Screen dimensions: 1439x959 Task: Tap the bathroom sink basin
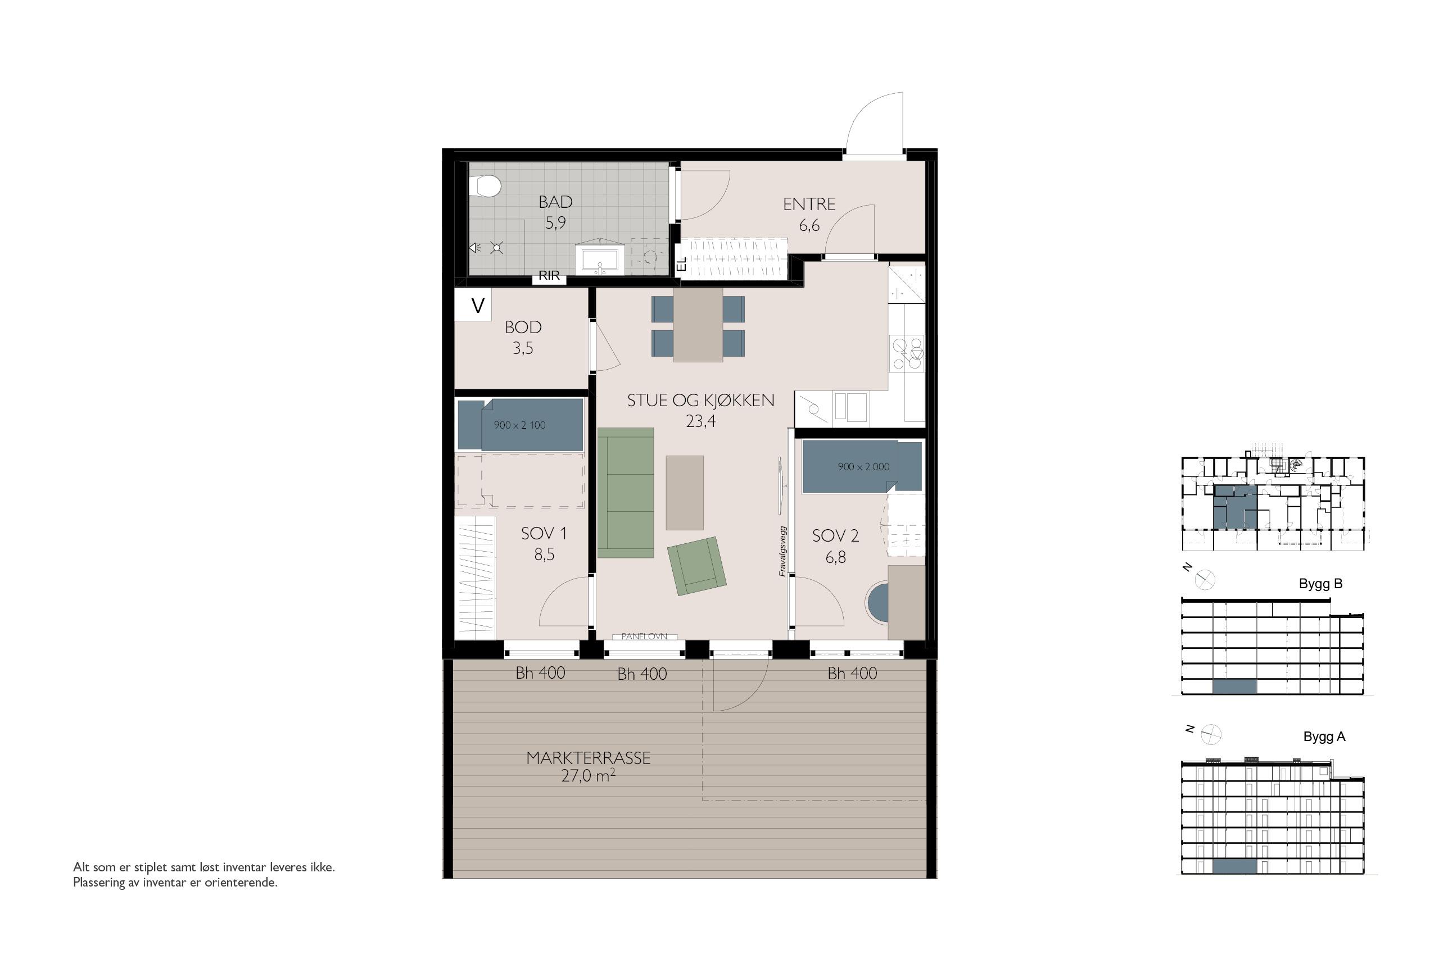[x=600, y=262]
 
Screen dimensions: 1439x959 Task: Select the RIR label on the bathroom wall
[x=549, y=276]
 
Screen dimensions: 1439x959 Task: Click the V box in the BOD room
[x=473, y=304]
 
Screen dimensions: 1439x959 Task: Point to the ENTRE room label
[x=809, y=204]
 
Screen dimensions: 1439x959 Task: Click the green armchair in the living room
[x=697, y=566]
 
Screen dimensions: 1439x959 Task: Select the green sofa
[x=625, y=492]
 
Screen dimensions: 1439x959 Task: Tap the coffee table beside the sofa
[x=685, y=492]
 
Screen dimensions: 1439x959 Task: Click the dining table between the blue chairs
[x=698, y=325]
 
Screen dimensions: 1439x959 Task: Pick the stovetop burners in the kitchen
[x=907, y=353]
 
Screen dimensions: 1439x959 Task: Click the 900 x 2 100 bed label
[x=519, y=425]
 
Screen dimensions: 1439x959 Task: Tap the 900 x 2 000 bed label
[x=863, y=467]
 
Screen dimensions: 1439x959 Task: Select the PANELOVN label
[x=644, y=636]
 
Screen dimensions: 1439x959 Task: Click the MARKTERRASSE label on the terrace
[x=588, y=758]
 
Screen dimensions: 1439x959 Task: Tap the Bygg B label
[x=1320, y=584]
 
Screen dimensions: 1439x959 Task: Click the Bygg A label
[x=1324, y=737]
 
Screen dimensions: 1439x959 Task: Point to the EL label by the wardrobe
[x=682, y=264]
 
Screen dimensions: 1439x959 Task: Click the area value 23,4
[x=700, y=421]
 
